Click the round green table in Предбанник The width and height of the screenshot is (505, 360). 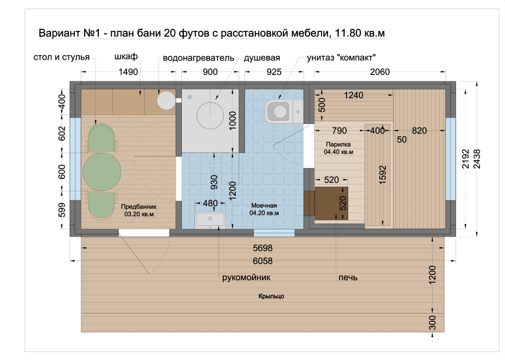(x=102, y=172)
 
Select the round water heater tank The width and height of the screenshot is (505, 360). (x=166, y=100)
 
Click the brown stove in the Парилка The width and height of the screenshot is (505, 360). (x=331, y=203)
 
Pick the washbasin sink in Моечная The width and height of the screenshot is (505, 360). (x=210, y=220)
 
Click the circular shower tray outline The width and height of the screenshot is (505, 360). (x=210, y=115)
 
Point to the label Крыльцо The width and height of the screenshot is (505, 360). (x=271, y=296)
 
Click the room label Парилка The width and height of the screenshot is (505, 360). (x=338, y=145)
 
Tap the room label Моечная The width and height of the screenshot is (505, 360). (x=264, y=206)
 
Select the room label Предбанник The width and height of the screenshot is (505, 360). (x=139, y=207)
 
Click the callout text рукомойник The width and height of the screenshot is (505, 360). (x=246, y=278)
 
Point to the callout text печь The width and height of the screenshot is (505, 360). (x=348, y=278)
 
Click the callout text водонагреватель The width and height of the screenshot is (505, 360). (x=198, y=58)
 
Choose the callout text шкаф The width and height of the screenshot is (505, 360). (x=126, y=57)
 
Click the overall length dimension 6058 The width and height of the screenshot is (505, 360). (x=263, y=261)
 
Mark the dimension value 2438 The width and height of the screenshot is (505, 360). (x=477, y=159)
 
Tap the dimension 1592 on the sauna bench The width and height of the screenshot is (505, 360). (x=382, y=175)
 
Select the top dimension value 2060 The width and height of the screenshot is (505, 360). (x=380, y=72)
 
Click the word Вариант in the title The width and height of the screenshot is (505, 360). (x=59, y=33)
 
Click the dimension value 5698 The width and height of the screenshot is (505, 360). (x=263, y=248)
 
